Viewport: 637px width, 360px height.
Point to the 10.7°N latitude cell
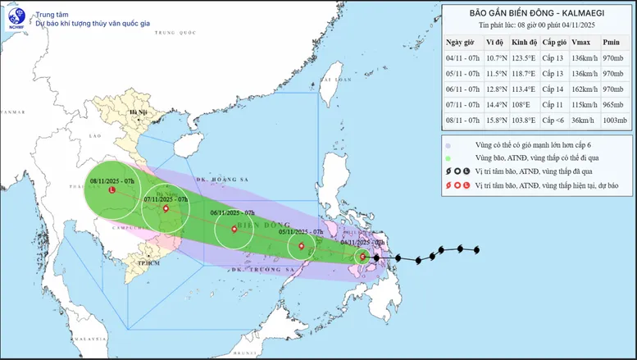[x=494, y=57]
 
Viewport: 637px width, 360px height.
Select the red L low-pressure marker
[x=112, y=190]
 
